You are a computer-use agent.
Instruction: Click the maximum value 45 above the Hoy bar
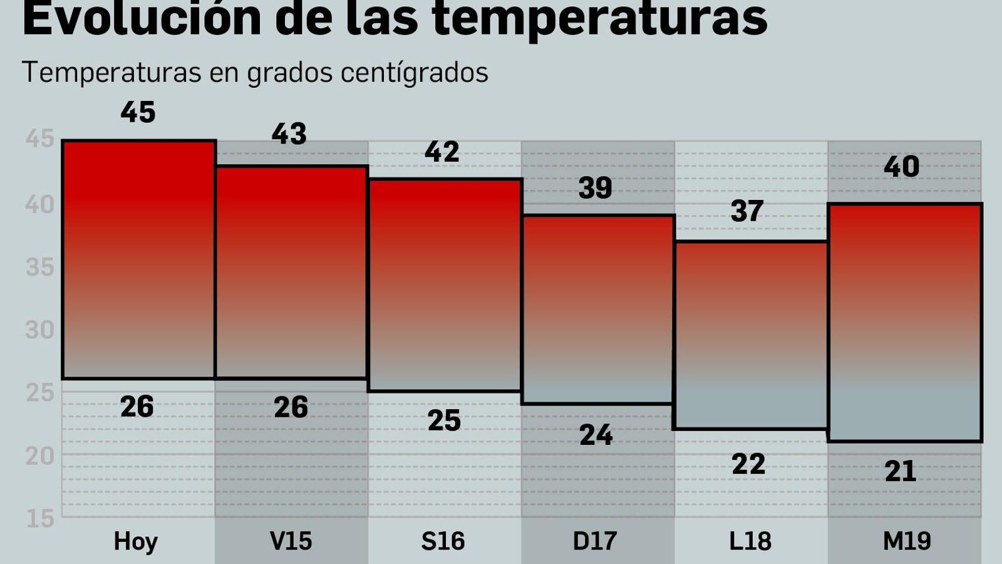pyautogui.click(x=138, y=113)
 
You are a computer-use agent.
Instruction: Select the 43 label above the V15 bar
pyautogui.click(x=289, y=134)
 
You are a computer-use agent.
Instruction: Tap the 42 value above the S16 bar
pyautogui.click(x=442, y=152)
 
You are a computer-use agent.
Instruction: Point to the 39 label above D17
pyautogui.click(x=595, y=188)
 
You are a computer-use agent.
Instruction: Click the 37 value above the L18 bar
pyautogui.click(x=747, y=212)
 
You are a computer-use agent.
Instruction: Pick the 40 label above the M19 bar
pyautogui.click(x=901, y=167)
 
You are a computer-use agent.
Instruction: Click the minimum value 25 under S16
pyautogui.click(x=444, y=420)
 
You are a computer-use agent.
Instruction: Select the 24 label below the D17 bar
pyautogui.click(x=596, y=435)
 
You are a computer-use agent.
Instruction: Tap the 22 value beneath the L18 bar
pyautogui.click(x=748, y=464)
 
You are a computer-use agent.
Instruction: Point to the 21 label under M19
pyautogui.click(x=901, y=471)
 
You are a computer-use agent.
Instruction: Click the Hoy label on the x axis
pyautogui.click(x=136, y=541)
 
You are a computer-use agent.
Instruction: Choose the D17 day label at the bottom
pyautogui.click(x=595, y=541)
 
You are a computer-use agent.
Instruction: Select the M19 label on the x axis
pyautogui.click(x=907, y=541)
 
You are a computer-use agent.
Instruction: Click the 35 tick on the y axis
pyautogui.click(x=40, y=268)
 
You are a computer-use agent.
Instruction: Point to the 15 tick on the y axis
pyautogui.click(x=40, y=518)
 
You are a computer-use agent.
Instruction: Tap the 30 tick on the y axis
pyautogui.click(x=40, y=330)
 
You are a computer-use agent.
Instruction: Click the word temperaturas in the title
pyautogui.click(x=599, y=19)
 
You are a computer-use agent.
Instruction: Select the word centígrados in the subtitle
pyautogui.click(x=414, y=73)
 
